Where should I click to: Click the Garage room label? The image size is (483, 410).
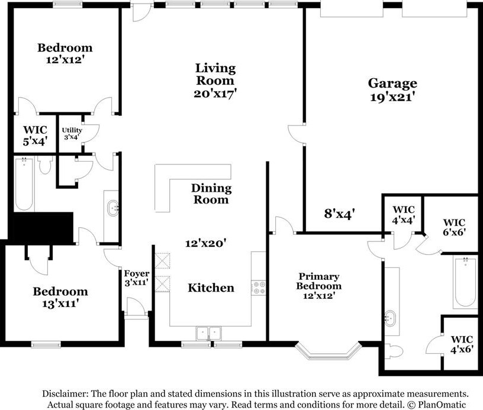point(393,83)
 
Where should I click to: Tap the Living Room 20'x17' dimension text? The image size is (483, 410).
point(215,93)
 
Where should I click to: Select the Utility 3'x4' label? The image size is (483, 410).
point(72,133)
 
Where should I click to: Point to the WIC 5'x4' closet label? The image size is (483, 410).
point(35,135)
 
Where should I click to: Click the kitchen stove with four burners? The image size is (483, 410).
point(259,288)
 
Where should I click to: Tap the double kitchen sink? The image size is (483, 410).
point(208,333)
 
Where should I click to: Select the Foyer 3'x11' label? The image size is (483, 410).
point(137,277)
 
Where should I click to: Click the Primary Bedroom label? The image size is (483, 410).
point(319,281)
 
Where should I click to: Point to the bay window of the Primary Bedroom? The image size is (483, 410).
point(329,351)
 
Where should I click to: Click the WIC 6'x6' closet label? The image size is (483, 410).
point(454,227)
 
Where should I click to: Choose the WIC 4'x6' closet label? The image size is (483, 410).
point(462,344)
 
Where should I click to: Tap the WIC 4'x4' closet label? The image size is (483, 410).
point(404,215)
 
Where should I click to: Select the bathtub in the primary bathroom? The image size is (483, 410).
point(465,282)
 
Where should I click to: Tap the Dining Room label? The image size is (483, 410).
point(211,194)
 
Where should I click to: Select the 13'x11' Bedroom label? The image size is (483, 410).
point(60,298)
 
